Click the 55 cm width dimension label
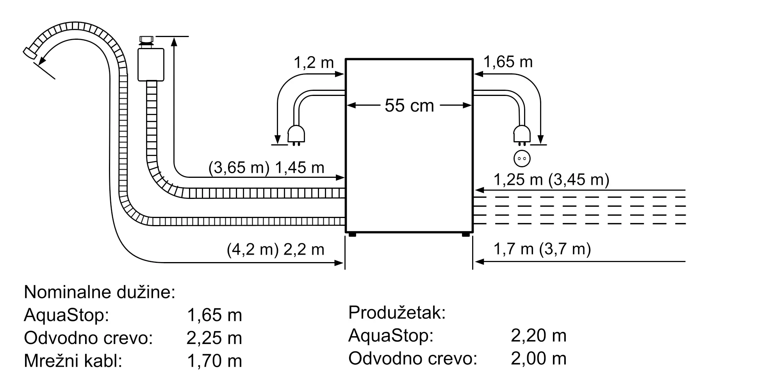[409, 106]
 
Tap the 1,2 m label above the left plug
[313, 62]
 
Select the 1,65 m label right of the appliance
[508, 62]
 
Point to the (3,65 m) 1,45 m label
[266, 168]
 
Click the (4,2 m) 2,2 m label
[275, 249]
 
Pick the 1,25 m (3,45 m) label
[551, 179]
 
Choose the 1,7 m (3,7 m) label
[542, 249]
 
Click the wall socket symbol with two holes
[522, 159]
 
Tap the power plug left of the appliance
[296, 135]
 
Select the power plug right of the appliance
[522, 134]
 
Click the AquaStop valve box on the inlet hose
[151, 64]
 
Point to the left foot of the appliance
[352, 235]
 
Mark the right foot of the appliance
[465, 235]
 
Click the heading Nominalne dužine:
[100, 292]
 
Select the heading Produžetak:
[397, 312]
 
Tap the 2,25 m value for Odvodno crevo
[214, 338]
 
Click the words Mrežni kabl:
[73, 361]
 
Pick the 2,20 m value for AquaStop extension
[538, 335]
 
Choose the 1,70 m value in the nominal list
[214, 361]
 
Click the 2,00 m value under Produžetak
[538, 358]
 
